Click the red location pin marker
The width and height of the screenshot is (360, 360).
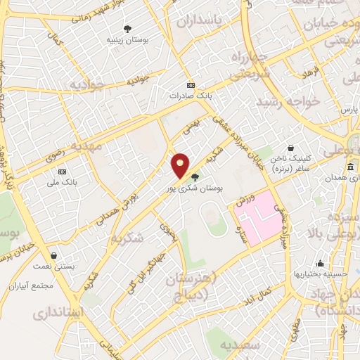[x=181, y=166]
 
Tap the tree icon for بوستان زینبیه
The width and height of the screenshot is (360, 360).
[x=127, y=29]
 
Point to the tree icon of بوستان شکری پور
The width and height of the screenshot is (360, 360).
[x=195, y=177]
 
